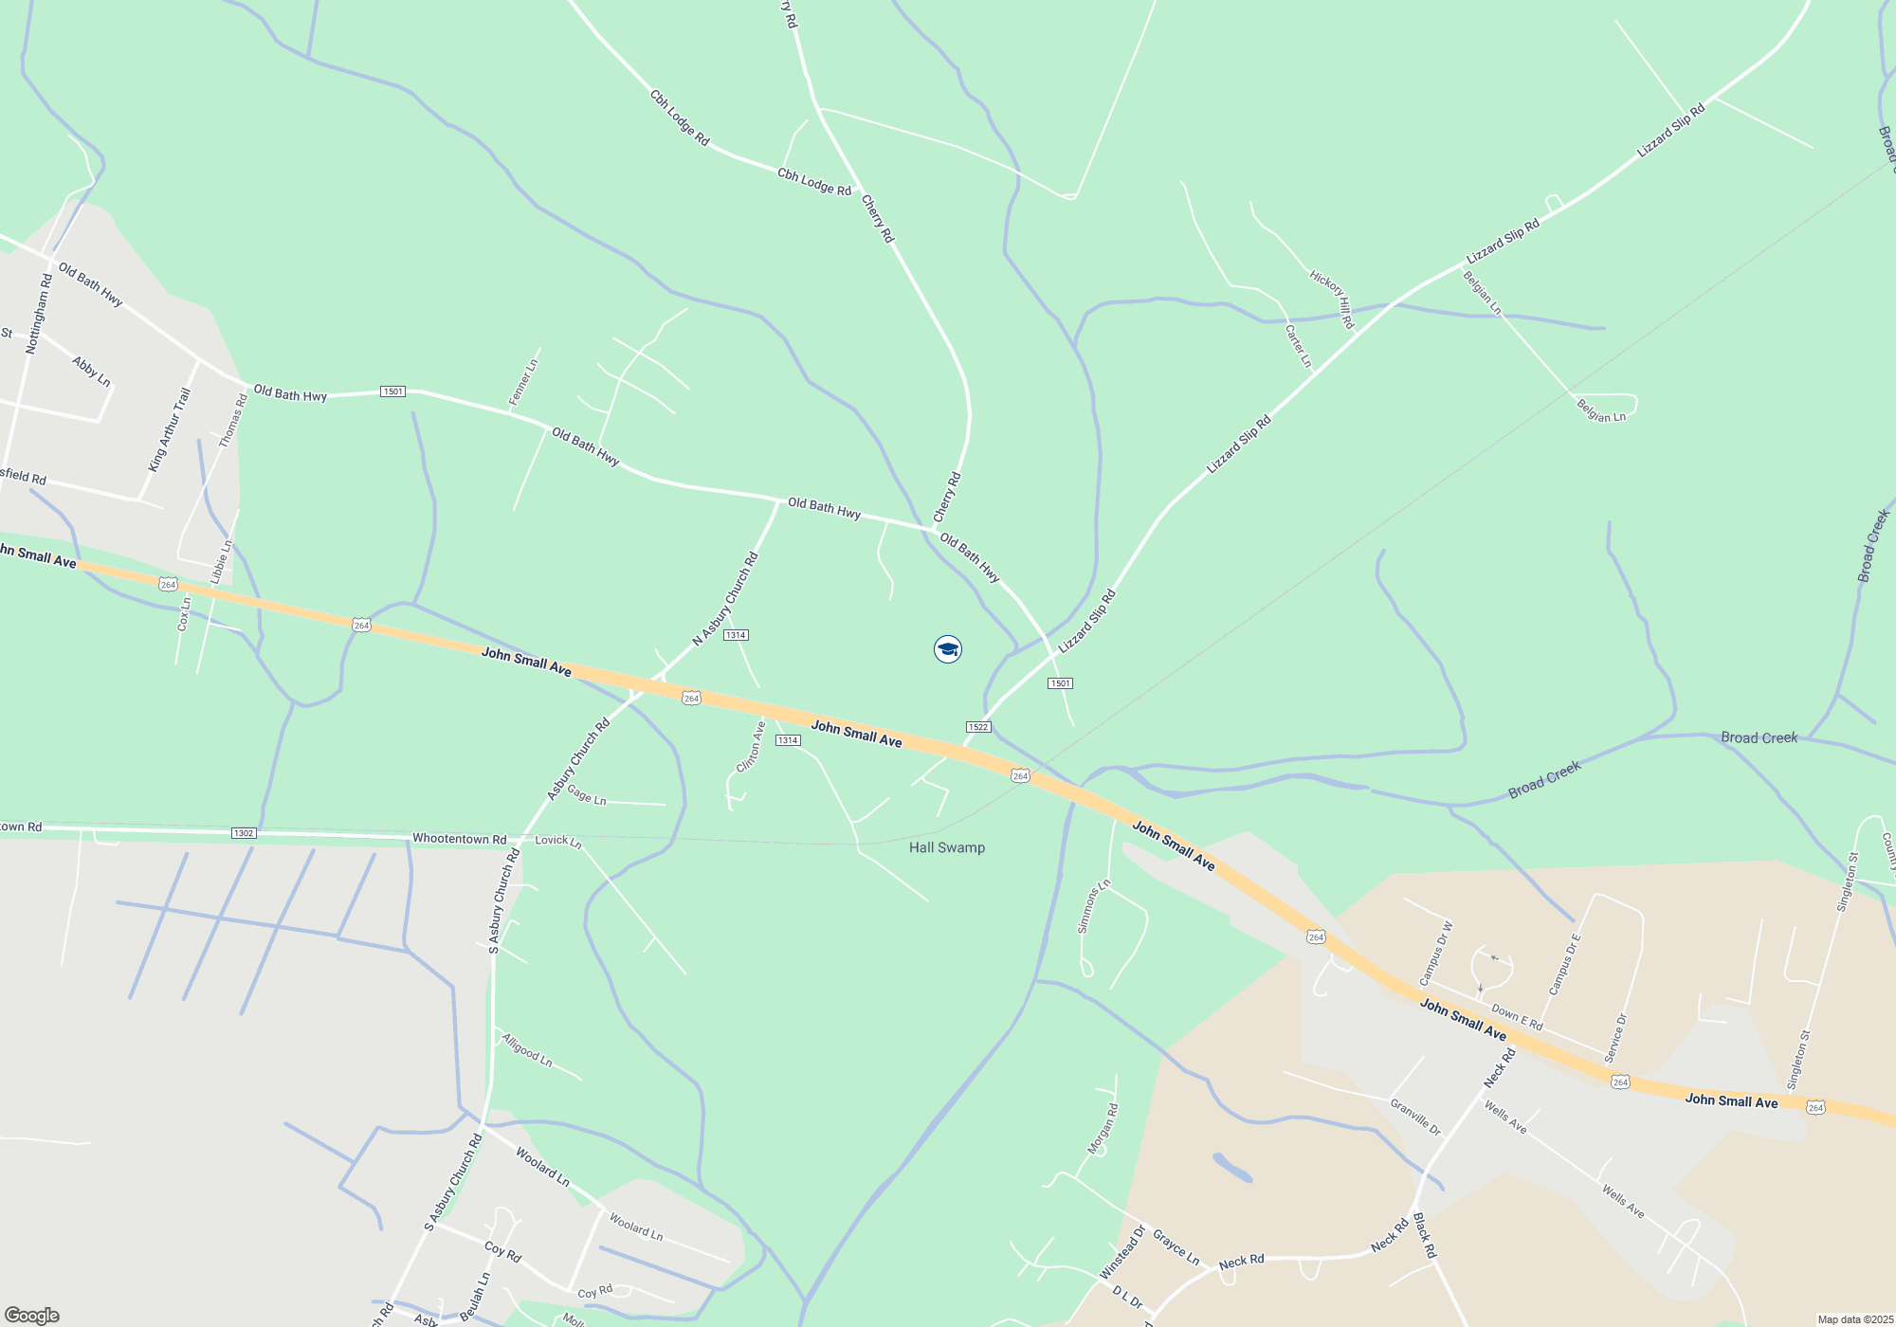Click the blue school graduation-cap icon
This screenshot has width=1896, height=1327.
click(947, 649)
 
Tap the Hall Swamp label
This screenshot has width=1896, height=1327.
click(946, 847)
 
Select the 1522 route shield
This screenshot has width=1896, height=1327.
click(978, 727)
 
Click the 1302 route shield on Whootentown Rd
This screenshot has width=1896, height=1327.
click(244, 833)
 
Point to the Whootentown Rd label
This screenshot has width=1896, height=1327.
click(459, 839)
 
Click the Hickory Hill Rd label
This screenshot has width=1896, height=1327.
click(1332, 300)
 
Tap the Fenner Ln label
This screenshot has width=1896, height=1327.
click(523, 383)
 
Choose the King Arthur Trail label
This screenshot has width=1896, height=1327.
click(169, 429)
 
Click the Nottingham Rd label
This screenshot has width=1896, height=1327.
click(39, 315)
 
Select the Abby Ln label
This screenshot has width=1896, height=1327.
click(91, 372)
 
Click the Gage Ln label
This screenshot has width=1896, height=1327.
click(586, 795)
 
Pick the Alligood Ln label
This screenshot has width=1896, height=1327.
click(527, 1050)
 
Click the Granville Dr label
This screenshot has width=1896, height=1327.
click(1414, 1117)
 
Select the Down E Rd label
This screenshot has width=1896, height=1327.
click(1517, 1018)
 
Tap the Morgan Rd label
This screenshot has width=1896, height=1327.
click(1103, 1129)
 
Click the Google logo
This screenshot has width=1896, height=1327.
click(31, 1316)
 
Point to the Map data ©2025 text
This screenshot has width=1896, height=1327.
click(1854, 1319)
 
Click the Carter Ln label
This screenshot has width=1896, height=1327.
click(1298, 346)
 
